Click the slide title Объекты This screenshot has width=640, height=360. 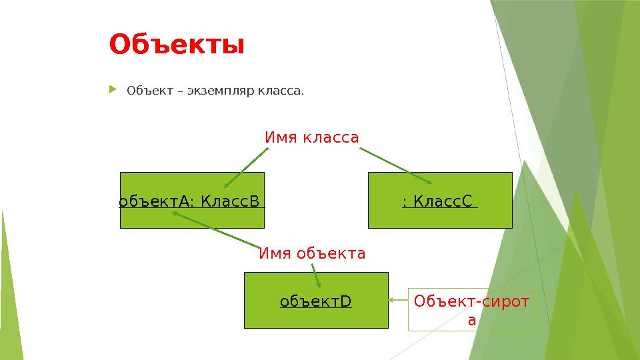click(177, 45)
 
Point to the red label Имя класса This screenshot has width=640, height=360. click(312, 137)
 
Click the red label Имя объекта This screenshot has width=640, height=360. click(312, 253)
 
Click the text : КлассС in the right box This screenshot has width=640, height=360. click(439, 201)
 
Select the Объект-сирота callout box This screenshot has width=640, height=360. click(472, 310)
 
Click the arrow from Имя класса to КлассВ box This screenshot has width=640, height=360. click(246, 168)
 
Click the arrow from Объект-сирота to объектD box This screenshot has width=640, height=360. click(398, 301)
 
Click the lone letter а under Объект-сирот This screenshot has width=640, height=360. click(472, 320)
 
